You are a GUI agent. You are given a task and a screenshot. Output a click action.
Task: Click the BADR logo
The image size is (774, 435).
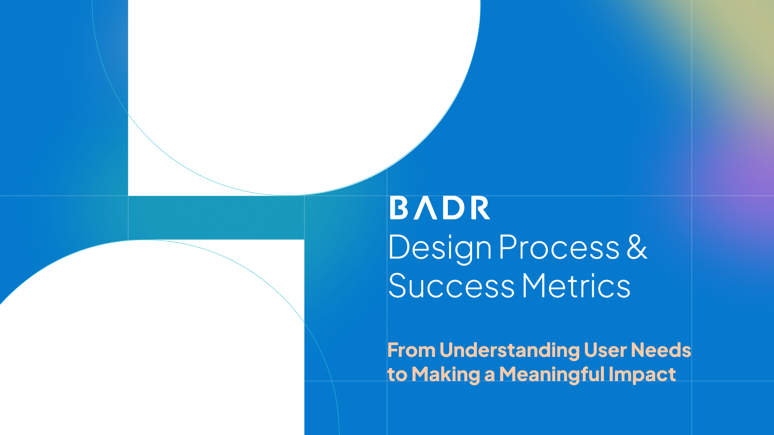pos(440,208)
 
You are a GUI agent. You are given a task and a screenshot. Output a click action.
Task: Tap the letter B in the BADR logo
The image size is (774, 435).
pos(399,208)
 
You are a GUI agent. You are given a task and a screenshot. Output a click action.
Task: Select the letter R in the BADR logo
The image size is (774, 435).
pos(481,208)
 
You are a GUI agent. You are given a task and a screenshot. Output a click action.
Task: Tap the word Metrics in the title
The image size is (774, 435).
pos(576,286)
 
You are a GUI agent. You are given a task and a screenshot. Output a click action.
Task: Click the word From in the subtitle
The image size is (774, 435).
pos(411,350)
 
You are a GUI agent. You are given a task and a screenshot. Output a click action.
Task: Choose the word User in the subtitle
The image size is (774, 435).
pos(605,350)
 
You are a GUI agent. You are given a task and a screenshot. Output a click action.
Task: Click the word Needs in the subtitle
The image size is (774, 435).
pos(661,350)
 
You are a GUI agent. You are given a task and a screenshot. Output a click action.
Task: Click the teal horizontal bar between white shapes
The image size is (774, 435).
pos(216,218)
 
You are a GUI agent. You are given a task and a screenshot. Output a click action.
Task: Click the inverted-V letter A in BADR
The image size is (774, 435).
pos(427,208)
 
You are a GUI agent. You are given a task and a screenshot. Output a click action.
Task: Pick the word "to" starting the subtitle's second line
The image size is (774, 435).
pos(397,375)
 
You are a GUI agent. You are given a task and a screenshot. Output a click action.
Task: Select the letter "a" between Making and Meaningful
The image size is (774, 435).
pos(489,376)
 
